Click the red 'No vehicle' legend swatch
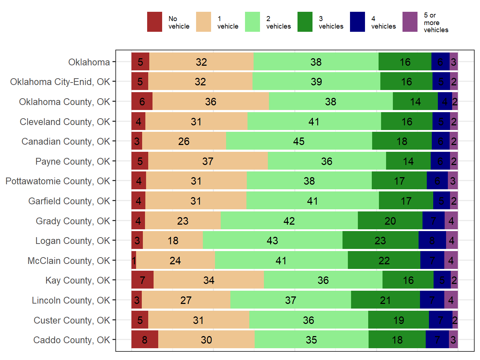click(x=154, y=22)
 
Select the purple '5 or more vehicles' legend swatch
click(x=410, y=22)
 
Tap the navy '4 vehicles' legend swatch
click(x=357, y=22)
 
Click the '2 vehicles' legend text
click(x=278, y=22)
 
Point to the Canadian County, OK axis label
click(x=66, y=141)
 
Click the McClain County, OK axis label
click(x=69, y=261)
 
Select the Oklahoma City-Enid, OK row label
click(x=60, y=82)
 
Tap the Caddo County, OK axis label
click(x=71, y=340)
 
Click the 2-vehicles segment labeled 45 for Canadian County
click(x=299, y=141)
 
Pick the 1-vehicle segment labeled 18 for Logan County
click(x=173, y=241)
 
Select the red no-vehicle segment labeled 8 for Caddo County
click(x=145, y=340)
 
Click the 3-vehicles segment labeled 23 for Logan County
click(x=380, y=241)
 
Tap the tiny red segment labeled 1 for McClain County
click(x=134, y=261)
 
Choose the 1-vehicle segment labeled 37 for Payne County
click(x=208, y=161)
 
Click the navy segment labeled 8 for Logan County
click(x=432, y=241)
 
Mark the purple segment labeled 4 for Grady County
click(x=451, y=221)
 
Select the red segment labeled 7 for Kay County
click(x=142, y=280)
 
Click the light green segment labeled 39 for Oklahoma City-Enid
click(x=316, y=82)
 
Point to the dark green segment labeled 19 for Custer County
click(x=399, y=320)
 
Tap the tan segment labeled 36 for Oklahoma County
click(x=211, y=102)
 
